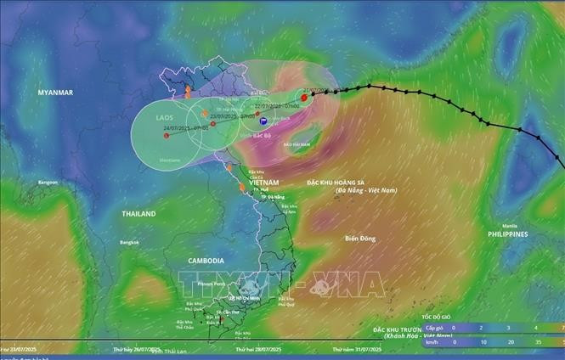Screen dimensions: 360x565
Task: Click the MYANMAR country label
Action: coord(54,92)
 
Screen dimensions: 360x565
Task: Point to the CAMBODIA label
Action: coord(206,261)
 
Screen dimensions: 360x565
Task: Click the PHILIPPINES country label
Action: coord(507,233)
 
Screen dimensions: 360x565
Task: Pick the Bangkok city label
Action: coord(129,243)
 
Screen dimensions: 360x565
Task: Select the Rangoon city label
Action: coord(48,183)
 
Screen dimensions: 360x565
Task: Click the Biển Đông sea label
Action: coord(360,239)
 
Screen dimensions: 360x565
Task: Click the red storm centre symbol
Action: coord(304,98)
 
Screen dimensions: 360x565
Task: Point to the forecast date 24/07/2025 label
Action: coord(179,128)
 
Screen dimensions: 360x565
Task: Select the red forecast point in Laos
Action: coord(167,135)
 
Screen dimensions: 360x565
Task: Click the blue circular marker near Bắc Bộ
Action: coord(262,121)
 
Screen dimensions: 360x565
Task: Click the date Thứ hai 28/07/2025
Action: coord(259,349)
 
